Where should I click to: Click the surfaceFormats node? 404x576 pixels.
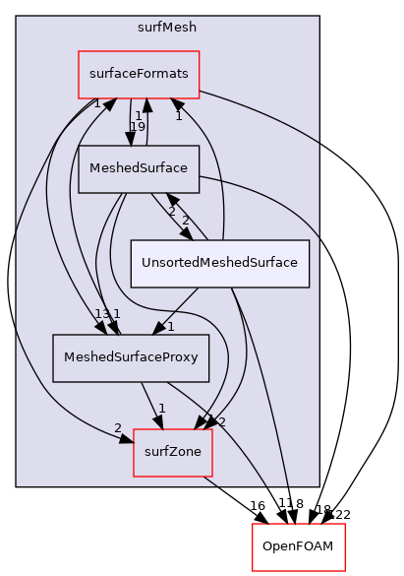[139, 74]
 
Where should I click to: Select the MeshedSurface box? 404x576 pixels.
[139, 168]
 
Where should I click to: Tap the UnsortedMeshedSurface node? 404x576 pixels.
[220, 263]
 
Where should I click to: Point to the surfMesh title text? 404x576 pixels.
[167, 27]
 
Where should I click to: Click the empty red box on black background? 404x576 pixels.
[298, 547]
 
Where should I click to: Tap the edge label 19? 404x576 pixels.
[138, 127]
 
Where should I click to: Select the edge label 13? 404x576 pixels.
[101, 314]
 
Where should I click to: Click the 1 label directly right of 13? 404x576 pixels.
[116, 314]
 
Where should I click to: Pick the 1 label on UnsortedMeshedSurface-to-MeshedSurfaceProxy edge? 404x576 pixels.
[170, 326]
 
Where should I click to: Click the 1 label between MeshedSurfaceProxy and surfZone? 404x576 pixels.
[162, 409]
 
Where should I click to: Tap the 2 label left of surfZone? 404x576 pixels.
[118, 427]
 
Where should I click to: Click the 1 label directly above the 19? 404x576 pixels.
[138, 115]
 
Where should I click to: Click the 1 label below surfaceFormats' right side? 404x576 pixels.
[179, 116]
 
